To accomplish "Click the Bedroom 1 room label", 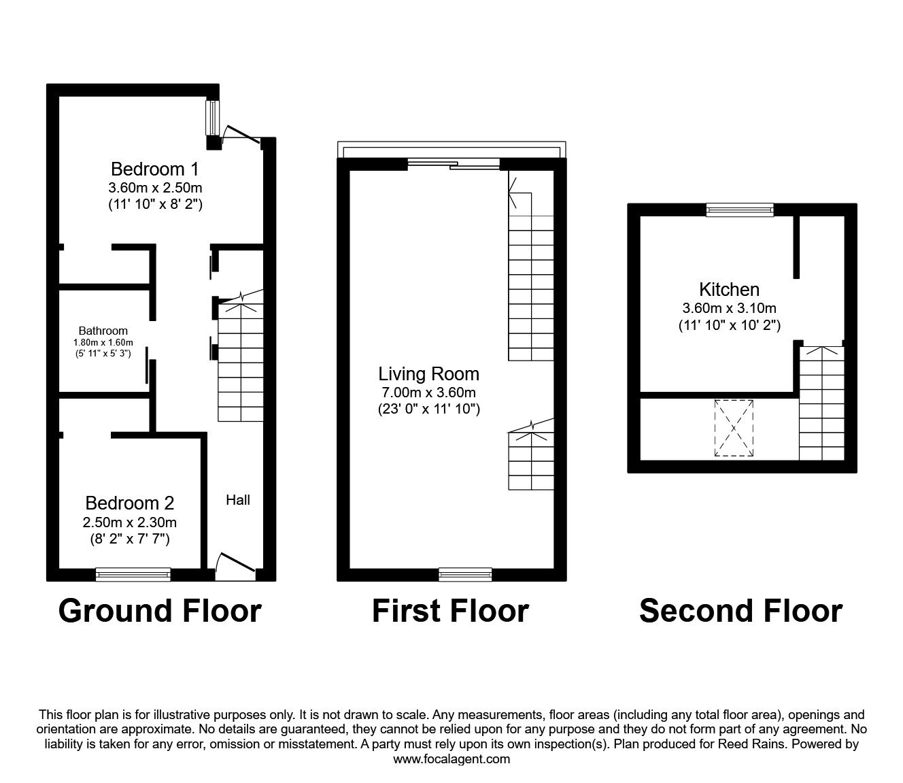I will coord(155,169).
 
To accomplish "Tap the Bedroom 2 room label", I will coord(129,503).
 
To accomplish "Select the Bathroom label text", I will coord(103,331).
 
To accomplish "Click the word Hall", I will coord(238,500).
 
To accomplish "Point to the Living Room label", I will coord(428,373).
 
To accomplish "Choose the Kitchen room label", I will coord(729,289).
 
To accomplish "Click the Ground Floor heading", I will coord(160,611).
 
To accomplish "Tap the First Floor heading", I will coord(450,611).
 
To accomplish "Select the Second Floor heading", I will coord(740,611).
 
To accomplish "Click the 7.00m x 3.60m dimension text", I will coord(428,393).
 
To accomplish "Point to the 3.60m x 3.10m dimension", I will coord(729,308).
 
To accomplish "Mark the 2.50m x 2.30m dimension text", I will coord(129,522).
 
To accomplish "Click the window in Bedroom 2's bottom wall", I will coord(133,575).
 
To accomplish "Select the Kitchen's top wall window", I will coord(740,210).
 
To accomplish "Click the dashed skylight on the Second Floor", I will coord(734,428).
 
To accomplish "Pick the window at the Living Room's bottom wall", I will coord(465,575).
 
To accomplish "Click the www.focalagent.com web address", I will coord(451,759).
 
